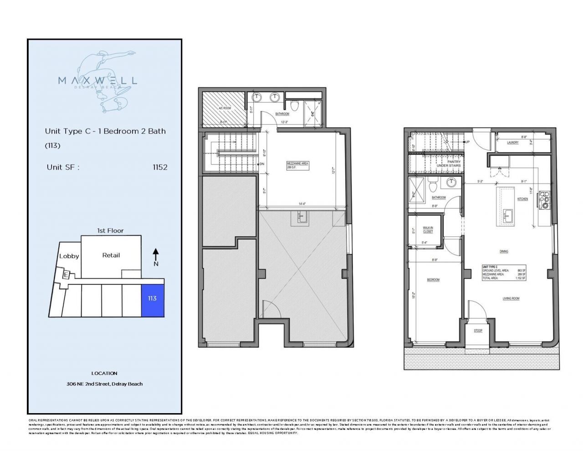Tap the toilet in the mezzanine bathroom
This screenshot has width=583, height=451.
(x=295, y=105)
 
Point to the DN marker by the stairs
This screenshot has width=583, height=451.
(x=261, y=164)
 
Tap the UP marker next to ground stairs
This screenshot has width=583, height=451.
(x=467, y=142)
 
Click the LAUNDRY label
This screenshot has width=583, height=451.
(x=512, y=142)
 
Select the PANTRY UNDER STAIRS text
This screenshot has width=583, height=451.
(x=448, y=163)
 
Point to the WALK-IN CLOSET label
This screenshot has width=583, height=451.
(x=428, y=230)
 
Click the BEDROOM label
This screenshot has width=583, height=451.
(x=433, y=280)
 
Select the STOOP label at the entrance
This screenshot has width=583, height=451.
(x=478, y=331)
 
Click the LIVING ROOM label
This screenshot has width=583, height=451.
(x=511, y=299)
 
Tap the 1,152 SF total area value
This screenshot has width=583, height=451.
(x=520, y=278)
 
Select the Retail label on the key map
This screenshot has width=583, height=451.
(x=111, y=255)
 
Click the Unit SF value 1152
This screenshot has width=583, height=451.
(x=160, y=167)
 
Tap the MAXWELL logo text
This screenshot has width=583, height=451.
(x=97, y=81)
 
